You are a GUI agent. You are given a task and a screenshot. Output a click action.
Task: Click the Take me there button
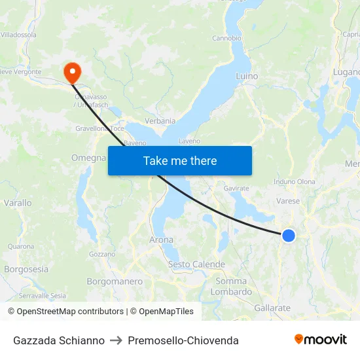point(180,160)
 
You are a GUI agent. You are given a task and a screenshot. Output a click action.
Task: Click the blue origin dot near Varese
point(288,235)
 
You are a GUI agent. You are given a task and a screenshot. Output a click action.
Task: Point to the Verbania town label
point(160,121)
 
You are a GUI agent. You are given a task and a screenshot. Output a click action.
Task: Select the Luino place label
point(247,77)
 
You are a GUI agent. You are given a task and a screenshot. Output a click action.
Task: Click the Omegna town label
point(88,158)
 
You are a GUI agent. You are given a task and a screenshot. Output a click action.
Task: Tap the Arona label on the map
point(162,240)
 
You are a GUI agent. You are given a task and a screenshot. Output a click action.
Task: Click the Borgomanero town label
point(115,281)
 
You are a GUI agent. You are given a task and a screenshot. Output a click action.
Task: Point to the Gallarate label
point(272,308)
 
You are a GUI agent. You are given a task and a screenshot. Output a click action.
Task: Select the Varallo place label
point(18,203)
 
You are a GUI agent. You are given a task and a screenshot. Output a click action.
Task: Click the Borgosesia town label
point(26,269)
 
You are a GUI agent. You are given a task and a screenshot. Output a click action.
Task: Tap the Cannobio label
point(226,38)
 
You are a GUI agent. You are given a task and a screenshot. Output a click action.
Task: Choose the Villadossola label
point(18,35)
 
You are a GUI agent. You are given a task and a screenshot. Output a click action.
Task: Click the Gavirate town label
point(236,189)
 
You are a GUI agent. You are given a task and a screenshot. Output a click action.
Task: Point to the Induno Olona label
point(295,182)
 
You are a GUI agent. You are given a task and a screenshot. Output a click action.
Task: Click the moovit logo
point(321,339)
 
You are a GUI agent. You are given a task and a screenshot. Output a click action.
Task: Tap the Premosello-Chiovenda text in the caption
point(183,340)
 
